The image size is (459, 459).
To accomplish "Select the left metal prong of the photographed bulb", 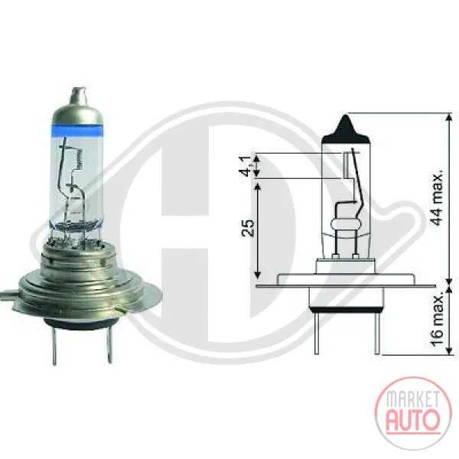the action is point(54,345).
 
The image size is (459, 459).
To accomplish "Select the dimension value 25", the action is point(248,227).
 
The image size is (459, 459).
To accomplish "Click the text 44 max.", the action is point(437,197).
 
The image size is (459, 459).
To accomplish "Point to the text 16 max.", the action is point(438,320).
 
